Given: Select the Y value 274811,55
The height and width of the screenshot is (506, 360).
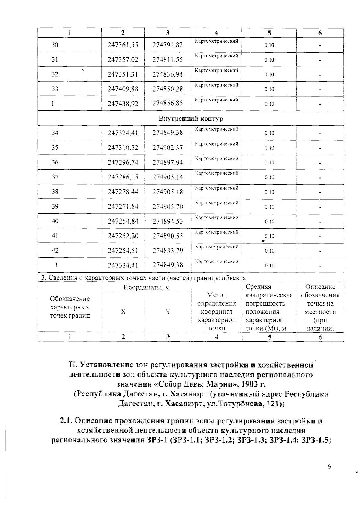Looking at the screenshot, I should click(167, 59).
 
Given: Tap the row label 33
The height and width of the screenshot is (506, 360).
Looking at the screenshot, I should click(55, 89).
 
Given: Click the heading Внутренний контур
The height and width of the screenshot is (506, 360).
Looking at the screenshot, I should click(191, 119).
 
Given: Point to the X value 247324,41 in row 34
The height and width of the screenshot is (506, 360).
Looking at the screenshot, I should click(123, 133).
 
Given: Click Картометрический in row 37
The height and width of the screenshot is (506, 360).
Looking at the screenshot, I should click(217, 173).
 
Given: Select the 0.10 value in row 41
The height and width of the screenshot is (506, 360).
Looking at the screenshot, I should click(269, 236).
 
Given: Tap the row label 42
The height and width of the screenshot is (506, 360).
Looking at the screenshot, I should click(55, 251).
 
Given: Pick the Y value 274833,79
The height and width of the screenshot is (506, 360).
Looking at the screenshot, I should click(167, 251).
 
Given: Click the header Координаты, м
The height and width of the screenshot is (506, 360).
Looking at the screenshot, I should click(147, 287).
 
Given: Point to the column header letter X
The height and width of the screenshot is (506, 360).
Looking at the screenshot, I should click(123, 312).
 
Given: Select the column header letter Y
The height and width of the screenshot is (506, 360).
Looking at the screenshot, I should click(168, 312).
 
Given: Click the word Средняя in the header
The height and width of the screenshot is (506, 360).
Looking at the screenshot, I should click(258, 287).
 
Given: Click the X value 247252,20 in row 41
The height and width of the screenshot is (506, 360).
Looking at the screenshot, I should click(123, 236).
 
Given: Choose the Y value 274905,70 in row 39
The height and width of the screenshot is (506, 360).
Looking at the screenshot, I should click(167, 207).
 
